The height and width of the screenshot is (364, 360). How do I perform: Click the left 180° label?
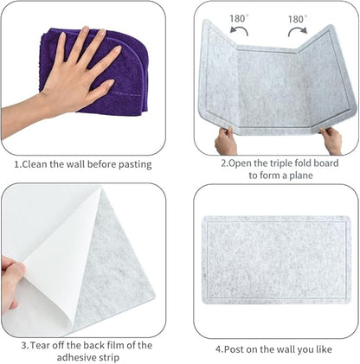tap(237, 18)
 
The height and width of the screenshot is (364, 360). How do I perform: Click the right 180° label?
tap(297, 18)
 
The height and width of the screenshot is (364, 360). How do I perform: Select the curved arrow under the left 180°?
tap(235, 32)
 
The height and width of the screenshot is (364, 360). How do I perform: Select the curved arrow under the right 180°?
tap(298, 32)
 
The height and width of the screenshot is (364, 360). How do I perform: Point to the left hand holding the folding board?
tap(226, 138)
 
